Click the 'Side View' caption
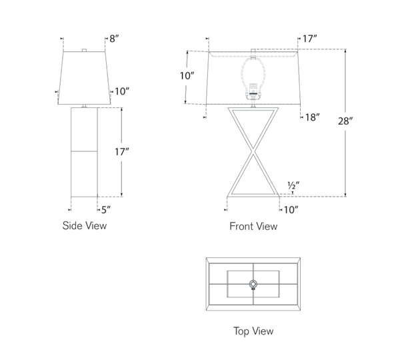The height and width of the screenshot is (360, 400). click(x=85, y=225)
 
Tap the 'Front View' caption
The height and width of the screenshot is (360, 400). click(x=253, y=226)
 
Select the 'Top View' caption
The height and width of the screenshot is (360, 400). click(x=253, y=331)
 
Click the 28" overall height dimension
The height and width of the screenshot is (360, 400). click(x=345, y=121)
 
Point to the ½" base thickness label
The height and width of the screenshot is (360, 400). click(x=293, y=185)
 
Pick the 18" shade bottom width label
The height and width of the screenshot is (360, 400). click(x=313, y=117)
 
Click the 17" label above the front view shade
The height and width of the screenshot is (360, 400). click(x=310, y=39)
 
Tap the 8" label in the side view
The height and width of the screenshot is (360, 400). click(x=114, y=39)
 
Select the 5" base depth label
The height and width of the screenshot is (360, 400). click(x=106, y=210)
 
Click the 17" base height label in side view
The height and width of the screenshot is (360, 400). click(x=122, y=152)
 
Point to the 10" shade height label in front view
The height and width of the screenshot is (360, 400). click(x=187, y=76)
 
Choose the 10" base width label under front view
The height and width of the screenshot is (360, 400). click(x=291, y=210)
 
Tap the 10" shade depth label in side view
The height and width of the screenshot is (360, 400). click(x=122, y=91)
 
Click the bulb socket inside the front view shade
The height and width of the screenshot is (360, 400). click(x=253, y=91)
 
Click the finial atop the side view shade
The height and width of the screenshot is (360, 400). click(x=84, y=50)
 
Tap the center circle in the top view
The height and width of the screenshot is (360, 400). click(x=253, y=284)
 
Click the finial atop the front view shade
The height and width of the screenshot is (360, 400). click(x=253, y=50)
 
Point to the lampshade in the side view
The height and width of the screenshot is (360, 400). click(x=84, y=78)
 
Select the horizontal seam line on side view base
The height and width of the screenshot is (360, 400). click(x=84, y=151)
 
